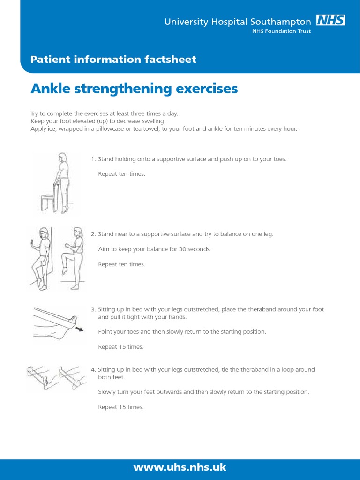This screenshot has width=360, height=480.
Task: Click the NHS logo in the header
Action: [x=331, y=21]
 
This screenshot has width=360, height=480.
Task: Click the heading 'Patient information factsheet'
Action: [x=113, y=60]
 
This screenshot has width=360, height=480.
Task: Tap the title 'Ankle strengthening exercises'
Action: [x=134, y=89]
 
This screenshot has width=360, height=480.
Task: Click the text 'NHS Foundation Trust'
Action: [x=285, y=31]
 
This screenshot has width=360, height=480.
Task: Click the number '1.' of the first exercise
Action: [x=93, y=159]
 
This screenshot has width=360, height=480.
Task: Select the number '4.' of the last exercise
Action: [x=93, y=369]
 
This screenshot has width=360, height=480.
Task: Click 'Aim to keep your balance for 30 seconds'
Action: [x=154, y=249]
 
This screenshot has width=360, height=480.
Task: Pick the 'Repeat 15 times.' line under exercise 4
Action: [x=120, y=407]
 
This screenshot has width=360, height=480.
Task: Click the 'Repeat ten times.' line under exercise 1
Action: [x=121, y=174]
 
